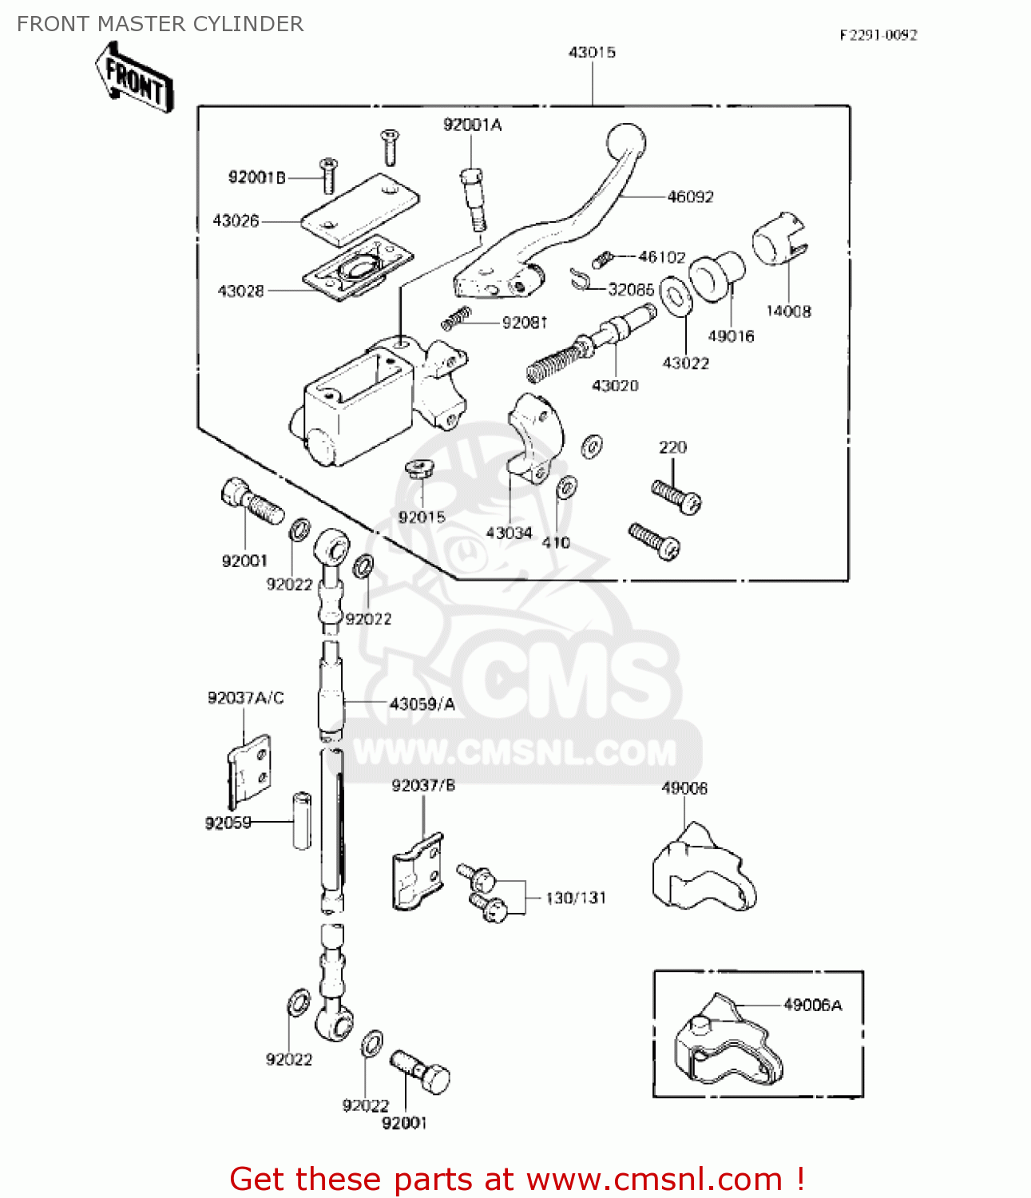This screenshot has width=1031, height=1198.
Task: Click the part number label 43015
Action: coord(592,53)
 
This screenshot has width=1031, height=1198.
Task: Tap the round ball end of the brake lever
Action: coord(626,144)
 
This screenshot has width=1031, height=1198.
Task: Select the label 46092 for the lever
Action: coord(690,196)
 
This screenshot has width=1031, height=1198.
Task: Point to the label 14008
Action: coord(788,311)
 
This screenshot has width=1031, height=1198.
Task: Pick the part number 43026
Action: coord(236,220)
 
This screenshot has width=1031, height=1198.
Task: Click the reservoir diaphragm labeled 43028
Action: coord(357,268)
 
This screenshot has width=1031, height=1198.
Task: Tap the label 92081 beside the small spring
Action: coord(525,323)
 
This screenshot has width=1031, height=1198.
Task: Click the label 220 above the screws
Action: coord(672,447)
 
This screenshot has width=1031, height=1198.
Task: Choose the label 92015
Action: coord(422,518)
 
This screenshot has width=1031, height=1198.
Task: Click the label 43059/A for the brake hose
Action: coord(422,704)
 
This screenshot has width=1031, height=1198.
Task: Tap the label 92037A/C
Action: coord(245,698)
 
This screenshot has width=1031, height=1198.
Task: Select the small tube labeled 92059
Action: coord(302,819)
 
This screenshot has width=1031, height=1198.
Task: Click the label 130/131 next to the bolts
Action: coord(576,898)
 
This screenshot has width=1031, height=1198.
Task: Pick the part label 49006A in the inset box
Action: coord(812,1006)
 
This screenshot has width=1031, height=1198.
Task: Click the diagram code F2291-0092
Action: coord(878,35)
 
